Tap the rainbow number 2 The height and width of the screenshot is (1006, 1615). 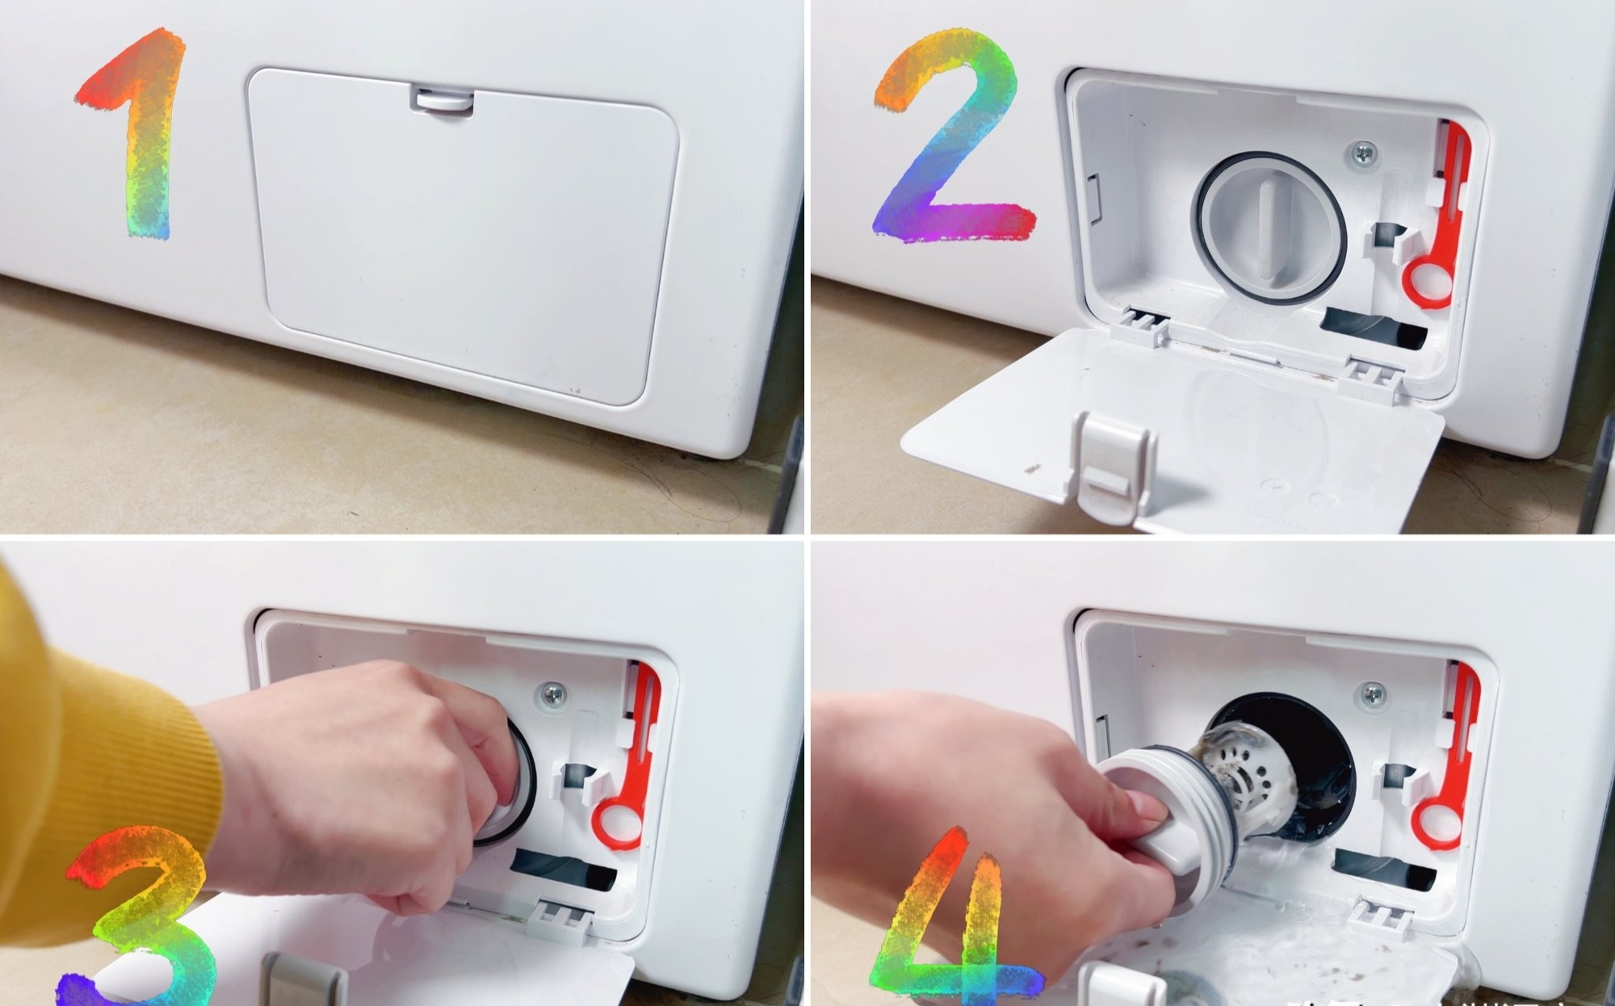953,137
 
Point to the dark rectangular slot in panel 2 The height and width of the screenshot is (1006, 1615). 1373,327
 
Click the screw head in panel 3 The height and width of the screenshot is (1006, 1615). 552,693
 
